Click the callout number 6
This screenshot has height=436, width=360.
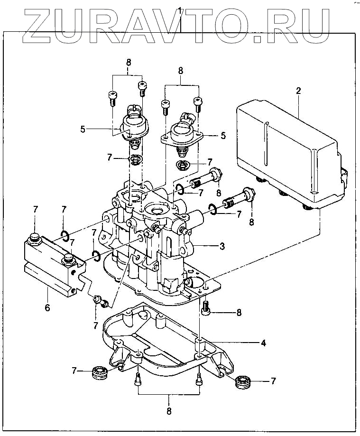pyautogui.click(x=47, y=307)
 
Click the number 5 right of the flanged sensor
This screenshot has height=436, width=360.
pyautogui.click(x=222, y=136)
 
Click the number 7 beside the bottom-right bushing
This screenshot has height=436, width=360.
pyautogui.click(x=273, y=380)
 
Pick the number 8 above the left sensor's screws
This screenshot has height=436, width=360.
pyautogui.click(x=128, y=62)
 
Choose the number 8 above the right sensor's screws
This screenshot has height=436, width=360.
pyautogui.click(x=180, y=70)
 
